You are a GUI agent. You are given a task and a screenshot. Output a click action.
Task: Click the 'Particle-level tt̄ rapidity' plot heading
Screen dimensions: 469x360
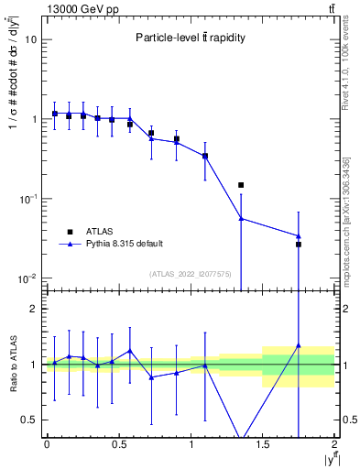pyautogui.click(x=186, y=38)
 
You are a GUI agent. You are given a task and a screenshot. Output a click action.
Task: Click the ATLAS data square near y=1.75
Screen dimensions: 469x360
pyautogui.click(x=299, y=245)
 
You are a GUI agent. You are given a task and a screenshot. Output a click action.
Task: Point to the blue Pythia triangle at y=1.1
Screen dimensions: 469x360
pyautogui.click(x=205, y=156)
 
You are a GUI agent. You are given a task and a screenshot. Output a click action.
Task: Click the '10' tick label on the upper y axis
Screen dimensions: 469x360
pyautogui.click(x=31, y=40)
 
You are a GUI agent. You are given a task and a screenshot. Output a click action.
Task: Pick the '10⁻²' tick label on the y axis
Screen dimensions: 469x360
pyautogui.click(x=27, y=278)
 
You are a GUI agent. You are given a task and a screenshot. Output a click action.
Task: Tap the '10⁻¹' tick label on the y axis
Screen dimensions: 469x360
pyautogui.click(x=27, y=199)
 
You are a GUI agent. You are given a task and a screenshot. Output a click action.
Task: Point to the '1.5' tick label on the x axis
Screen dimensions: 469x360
pyautogui.click(x=263, y=444)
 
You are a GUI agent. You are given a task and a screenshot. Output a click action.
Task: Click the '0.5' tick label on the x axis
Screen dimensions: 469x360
pyautogui.click(x=118, y=444)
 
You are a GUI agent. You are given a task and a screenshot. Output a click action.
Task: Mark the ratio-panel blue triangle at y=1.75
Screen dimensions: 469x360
pyautogui.click(x=299, y=346)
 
